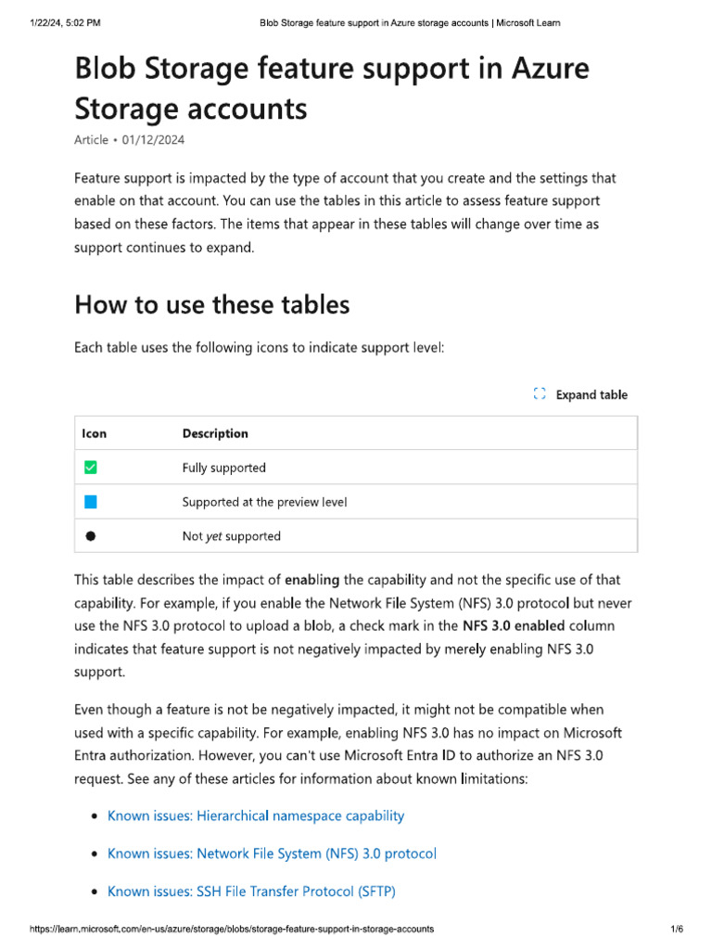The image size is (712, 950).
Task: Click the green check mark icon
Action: (91, 468)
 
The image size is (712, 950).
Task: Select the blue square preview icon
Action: (91, 502)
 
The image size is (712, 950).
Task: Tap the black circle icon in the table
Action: (91, 536)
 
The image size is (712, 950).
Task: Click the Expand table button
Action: (581, 394)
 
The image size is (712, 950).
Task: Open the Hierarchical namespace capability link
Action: (256, 815)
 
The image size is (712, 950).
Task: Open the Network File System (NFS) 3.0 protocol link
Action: (272, 854)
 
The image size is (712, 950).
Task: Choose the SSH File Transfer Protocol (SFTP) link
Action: (251, 892)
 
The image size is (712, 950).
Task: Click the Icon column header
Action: (95, 433)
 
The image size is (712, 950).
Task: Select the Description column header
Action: (215, 433)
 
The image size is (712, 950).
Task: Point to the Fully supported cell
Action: (223, 468)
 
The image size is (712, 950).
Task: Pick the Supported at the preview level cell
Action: (264, 502)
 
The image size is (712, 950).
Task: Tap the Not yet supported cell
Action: (231, 536)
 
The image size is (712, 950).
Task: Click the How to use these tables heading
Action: (212, 304)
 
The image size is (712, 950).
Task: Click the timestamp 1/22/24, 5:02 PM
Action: (64, 22)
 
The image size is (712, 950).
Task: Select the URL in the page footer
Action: (232, 929)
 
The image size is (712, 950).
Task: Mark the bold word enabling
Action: (311, 580)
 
